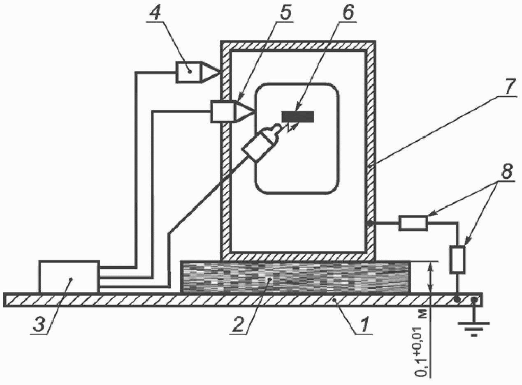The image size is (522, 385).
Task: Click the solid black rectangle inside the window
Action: pyautogui.click(x=298, y=117)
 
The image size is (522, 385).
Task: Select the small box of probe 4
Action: pyautogui.click(x=189, y=72)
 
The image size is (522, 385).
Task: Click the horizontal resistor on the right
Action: pyautogui.click(x=413, y=223)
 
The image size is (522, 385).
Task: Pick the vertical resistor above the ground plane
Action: pyautogui.click(x=457, y=260)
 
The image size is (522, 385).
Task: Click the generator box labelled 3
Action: pyautogui.click(x=69, y=277)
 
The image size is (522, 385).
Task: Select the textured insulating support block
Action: pyautogui.click(x=295, y=277)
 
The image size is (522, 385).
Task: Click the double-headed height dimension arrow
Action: pyautogui.click(x=430, y=277)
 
